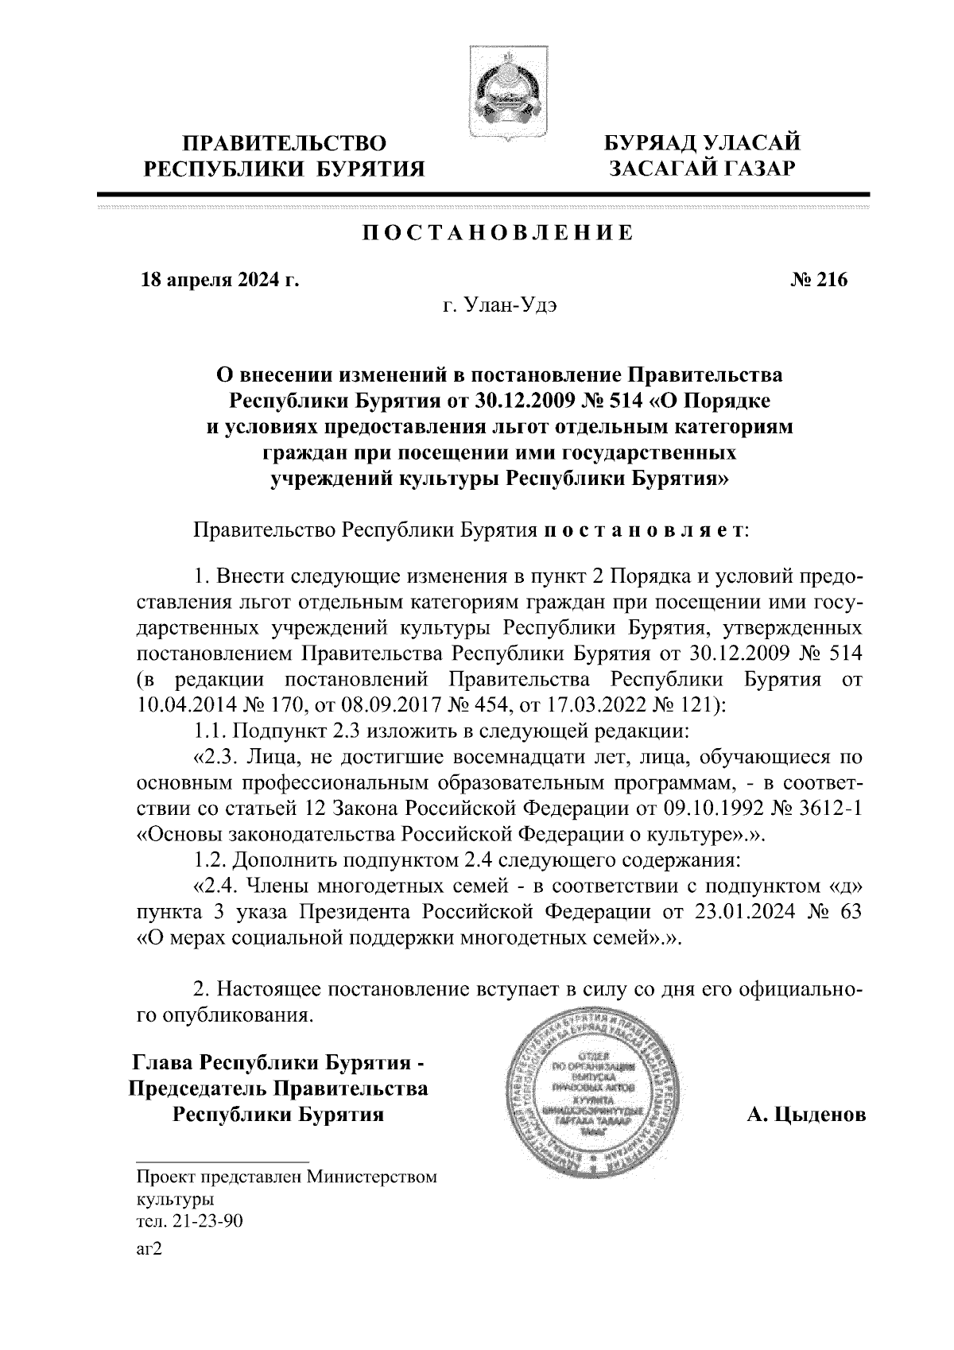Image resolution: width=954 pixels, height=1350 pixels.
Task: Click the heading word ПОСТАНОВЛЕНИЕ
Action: coord(498,234)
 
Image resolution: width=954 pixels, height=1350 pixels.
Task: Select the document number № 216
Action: coord(820,280)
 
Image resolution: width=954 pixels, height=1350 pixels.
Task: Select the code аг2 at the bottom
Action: coord(149,1249)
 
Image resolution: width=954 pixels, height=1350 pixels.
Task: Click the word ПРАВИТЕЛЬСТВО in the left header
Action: coord(285,144)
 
